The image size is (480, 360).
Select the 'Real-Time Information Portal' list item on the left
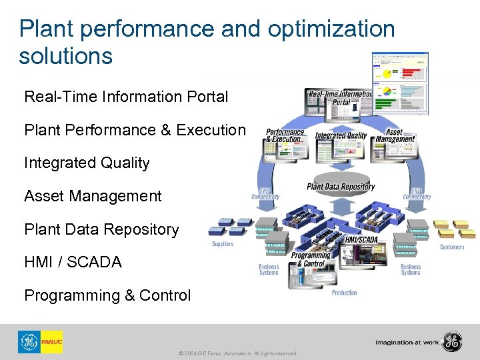click(126, 97)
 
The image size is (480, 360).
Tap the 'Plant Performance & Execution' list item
click(135, 130)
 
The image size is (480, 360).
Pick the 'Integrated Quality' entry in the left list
click(87, 163)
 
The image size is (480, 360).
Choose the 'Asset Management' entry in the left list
click(93, 196)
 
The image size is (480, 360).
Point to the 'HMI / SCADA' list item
click(73, 263)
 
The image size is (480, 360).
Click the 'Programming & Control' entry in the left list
click(107, 295)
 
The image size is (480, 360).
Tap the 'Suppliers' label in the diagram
click(223, 245)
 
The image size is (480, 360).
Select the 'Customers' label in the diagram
click(452, 247)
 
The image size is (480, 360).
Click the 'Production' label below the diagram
click(345, 293)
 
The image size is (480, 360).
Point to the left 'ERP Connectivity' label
click(265, 193)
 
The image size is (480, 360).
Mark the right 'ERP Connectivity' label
click(417, 193)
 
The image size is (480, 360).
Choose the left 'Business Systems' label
click(269, 269)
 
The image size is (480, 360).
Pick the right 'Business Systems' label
click(411, 269)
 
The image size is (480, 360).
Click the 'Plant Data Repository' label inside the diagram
click(341, 187)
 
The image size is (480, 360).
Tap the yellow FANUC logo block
click(51, 342)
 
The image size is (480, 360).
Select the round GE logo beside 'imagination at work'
click(451, 341)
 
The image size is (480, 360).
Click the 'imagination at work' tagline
click(407, 342)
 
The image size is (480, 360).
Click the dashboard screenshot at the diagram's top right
click(400, 83)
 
